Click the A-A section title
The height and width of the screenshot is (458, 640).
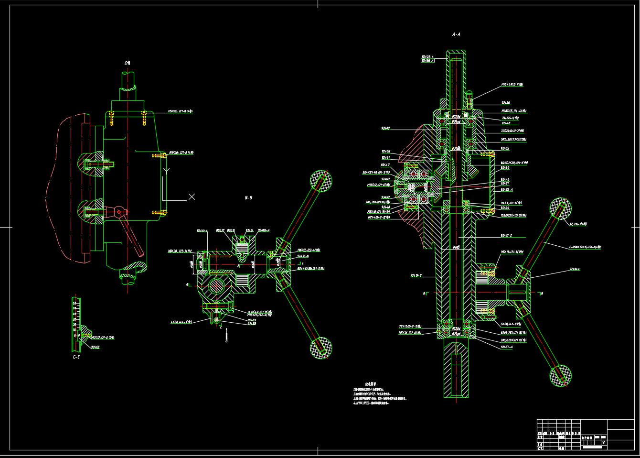tap(456, 34)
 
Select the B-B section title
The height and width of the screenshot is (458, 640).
tap(248, 197)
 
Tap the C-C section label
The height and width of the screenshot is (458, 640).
tap(76, 356)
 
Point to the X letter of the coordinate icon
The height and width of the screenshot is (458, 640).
tap(192, 196)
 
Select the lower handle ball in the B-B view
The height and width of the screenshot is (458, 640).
tap(321, 347)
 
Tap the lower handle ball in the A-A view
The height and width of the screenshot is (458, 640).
tap(560, 376)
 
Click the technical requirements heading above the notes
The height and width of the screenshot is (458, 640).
tap(371, 384)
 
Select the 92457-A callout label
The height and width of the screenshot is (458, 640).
tap(506, 347)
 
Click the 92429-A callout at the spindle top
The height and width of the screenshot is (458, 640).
tap(427, 56)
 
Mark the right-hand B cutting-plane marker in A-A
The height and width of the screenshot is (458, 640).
tap(542, 293)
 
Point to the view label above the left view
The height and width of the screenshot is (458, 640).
tap(127, 63)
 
